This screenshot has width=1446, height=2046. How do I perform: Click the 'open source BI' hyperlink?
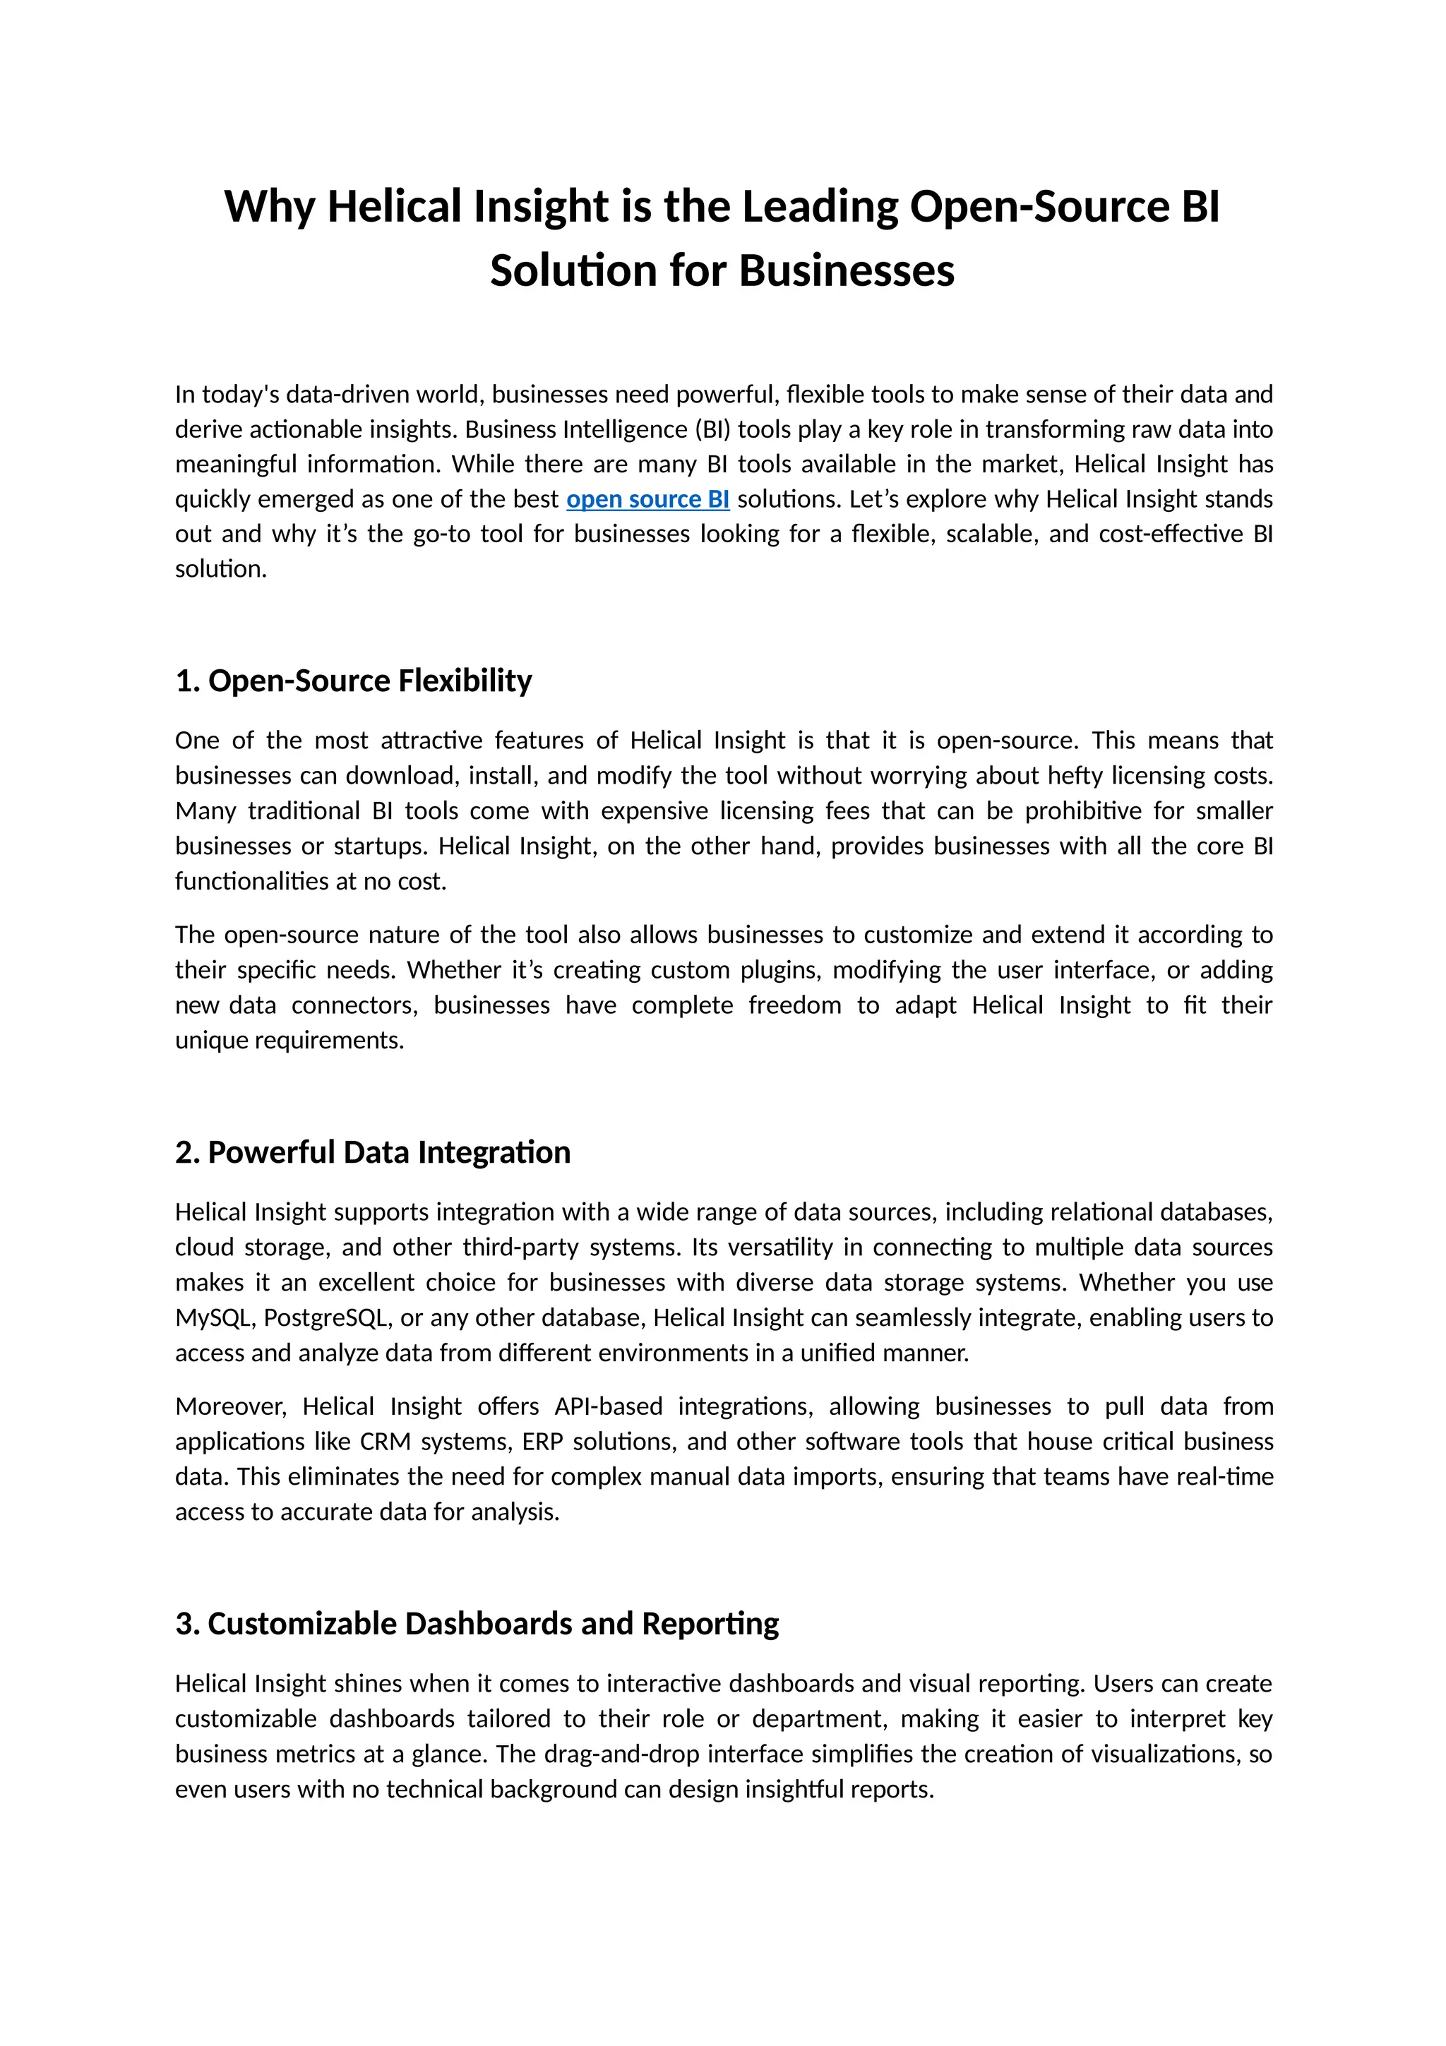point(647,499)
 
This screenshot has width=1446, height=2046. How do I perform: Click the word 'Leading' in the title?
point(820,207)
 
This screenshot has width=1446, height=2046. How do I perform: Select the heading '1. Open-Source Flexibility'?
point(354,681)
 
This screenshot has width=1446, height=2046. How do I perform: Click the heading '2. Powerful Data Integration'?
point(372,1152)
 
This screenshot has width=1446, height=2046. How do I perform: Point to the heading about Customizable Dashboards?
point(477,1624)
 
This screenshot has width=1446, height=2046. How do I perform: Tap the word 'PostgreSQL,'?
point(327,1317)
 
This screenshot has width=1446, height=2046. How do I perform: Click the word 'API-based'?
point(609,1406)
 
